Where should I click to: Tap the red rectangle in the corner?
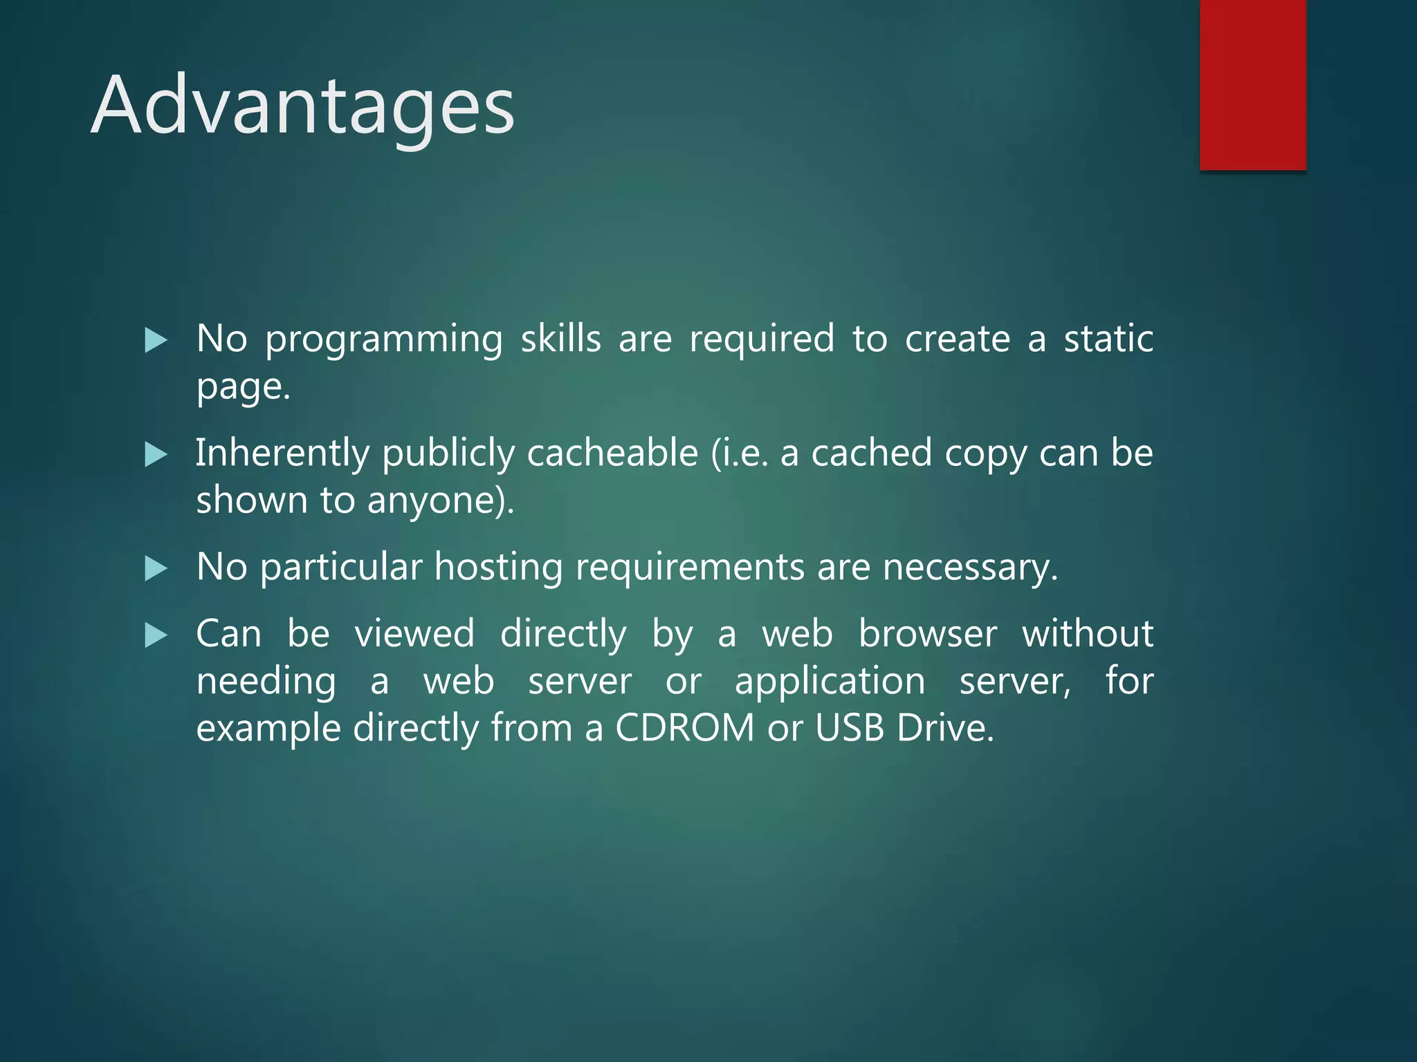[1252, 84]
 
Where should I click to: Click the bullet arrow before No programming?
[156, 340]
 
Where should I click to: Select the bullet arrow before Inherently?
[156, 455]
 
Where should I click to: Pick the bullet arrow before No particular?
[156, 569]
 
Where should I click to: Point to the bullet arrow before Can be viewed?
[156, 635]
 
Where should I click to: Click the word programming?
[384, 340]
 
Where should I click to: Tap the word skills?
[560, 339]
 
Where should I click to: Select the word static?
[1108, 339]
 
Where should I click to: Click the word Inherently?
[282, 454]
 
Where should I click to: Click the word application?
[830, 681]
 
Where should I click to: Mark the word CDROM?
[684, 728]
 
